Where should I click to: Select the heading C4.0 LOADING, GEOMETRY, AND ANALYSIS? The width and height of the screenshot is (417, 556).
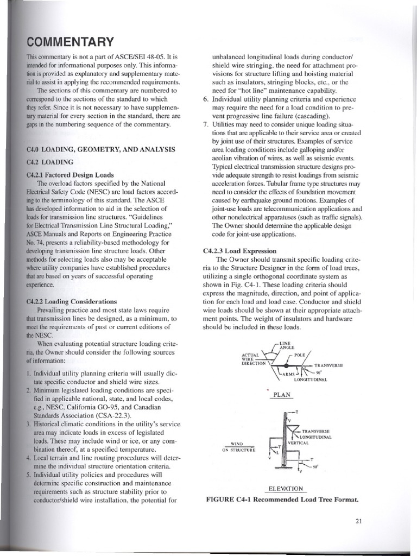click(x=100, y=149)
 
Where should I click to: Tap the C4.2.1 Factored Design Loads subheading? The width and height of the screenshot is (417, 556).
click(x=70, y=175)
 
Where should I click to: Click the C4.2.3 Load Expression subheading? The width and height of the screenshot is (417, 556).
click(x=239, y=251)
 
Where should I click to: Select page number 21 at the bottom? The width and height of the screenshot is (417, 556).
click(x=358, y=522)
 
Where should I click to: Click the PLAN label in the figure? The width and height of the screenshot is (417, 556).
click(x=282, y=395)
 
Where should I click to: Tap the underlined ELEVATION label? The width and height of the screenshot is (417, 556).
click(x=284, y=489)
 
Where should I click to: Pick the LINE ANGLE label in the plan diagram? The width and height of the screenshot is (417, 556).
click(x=286, y=346)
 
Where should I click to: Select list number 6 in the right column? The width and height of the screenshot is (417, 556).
click(x=205, y=99)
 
